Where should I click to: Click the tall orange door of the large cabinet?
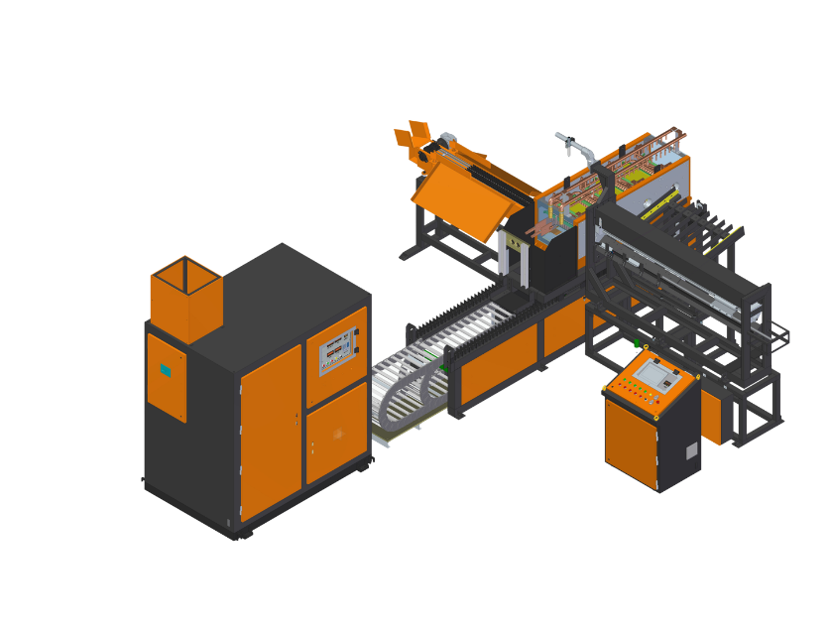[270, 434]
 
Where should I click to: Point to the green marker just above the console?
[636, 344]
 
